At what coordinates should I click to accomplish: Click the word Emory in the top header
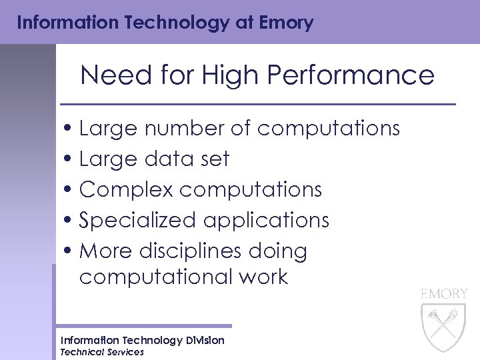pyautogui.click(x=287, y=23)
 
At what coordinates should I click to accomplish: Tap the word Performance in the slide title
pyautogui.click(x=351, y=75)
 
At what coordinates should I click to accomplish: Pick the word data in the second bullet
pyautogui.click(x=167, y=159)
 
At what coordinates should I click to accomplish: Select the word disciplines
pyautogui.click(x=190, y=251)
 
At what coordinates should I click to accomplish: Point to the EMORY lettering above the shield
pyautogui.click(x=444, y=293)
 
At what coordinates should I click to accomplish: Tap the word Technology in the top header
pyautogui.click(x=153, y=23)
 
